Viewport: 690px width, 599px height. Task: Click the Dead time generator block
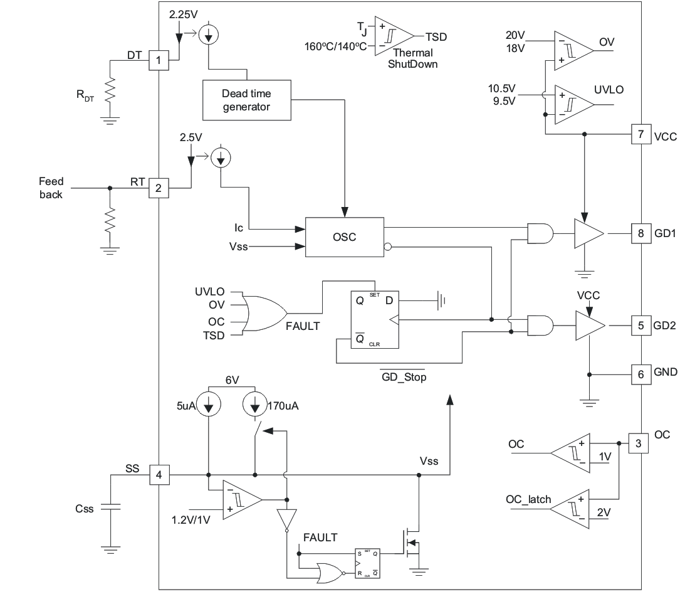pos(246,100)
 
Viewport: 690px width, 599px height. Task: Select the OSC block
pos(343,237)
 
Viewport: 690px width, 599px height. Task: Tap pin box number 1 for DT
pos(159,61)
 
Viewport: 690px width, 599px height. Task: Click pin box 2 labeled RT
pos(159,187)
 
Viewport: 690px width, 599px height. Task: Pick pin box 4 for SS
pos(159,475)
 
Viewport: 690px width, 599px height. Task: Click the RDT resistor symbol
pos(110,89)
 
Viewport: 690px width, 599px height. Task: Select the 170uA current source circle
pos(255,406)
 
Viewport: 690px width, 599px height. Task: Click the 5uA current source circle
pos(208,406)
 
